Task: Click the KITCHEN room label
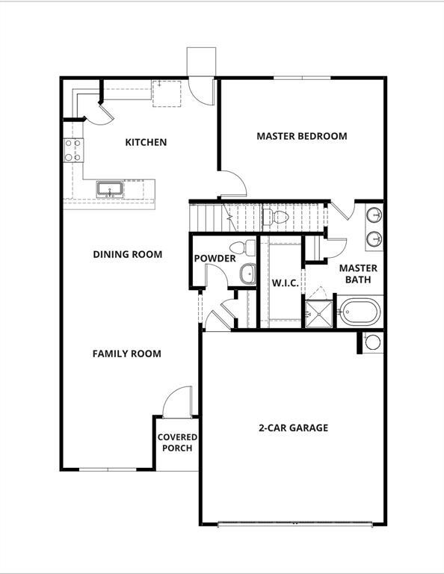146,142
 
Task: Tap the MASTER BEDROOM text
301,136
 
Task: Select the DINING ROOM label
127,254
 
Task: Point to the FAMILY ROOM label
126,354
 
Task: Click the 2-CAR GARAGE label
293,428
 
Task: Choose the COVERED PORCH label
177,442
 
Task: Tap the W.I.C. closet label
285,283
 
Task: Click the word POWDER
215,259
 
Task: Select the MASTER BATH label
358,274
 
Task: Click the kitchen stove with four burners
73,150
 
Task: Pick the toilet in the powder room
239,248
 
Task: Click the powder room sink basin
247,275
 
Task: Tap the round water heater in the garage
372,342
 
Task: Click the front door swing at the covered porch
178,402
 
